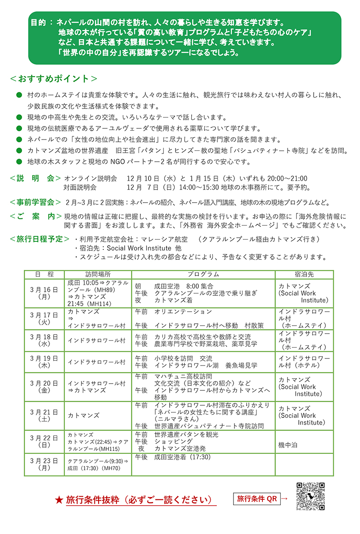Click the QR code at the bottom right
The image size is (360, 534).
click(310, 496)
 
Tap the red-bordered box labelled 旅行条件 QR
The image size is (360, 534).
click(257, 499)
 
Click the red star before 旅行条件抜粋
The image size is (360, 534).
click(58, 500)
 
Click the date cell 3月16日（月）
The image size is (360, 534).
click(44, 293)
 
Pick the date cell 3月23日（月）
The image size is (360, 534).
click(44, 464)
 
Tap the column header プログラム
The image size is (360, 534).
click(203, 274)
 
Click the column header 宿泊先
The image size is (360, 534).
click(304, 274)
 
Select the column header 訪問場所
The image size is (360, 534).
click(98, 274)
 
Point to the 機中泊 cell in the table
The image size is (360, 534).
click(288, 444)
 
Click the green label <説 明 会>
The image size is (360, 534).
click(36, 178)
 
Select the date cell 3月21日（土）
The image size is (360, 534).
click(44, 415)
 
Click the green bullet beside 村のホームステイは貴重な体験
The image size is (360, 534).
click(18, 96)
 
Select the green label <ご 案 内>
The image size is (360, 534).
click(36, 217)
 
